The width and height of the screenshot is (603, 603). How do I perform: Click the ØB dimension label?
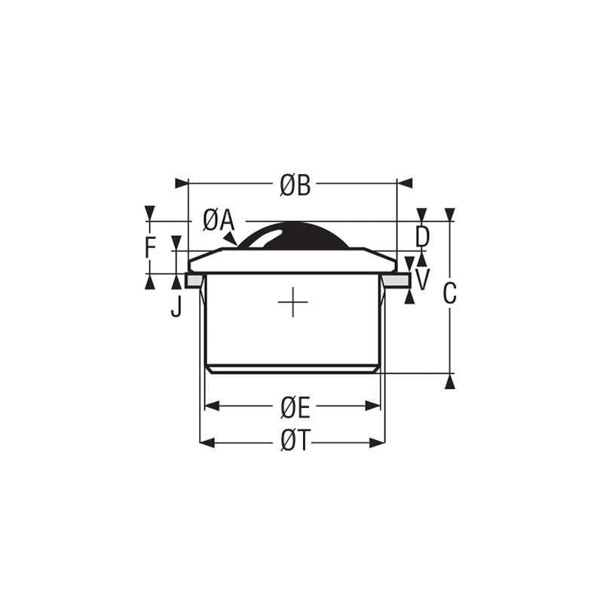click(295, 185)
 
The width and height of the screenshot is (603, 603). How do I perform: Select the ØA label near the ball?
click(219, 220)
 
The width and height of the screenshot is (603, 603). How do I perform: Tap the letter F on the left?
click(151, 247)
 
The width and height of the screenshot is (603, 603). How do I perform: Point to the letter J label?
click(176, 307)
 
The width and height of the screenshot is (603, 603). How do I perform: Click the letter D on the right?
click(423, 237)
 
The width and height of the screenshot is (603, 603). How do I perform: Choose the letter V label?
click(423, 280)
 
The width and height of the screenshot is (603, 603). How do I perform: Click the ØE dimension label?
click(295, 407)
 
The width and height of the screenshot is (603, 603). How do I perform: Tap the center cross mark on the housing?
click(292, 303)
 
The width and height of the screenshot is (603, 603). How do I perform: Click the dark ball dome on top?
click(292, 235)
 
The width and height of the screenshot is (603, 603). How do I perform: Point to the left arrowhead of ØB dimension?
click(181, 183)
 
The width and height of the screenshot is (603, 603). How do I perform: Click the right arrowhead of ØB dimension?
click(405, 183)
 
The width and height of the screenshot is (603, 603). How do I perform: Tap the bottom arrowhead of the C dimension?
click(450, 381)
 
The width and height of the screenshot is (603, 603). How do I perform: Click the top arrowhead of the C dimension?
click(450, 215)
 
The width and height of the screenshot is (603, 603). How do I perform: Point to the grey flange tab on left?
click(193, 280)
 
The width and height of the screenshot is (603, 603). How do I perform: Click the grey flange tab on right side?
click(395, 280)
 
